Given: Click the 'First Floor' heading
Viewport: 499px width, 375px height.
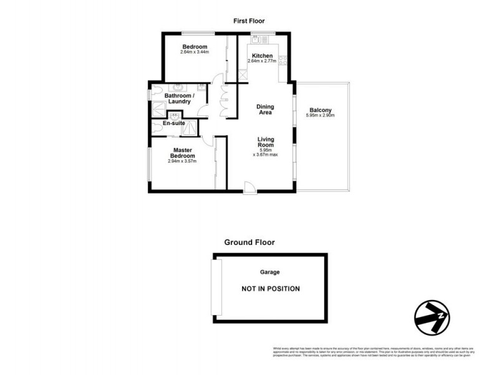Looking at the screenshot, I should click(x=249, y=21).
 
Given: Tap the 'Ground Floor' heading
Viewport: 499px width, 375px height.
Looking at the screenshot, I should click(x=249, y=242).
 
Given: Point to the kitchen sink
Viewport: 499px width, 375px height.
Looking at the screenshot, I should click(x=256, y=39).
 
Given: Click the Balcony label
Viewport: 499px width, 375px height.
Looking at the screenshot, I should click(x=321, y=109).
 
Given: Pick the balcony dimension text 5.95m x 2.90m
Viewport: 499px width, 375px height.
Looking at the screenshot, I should click(x=321, y=116).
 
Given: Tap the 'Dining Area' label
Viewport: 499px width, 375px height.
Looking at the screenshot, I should click(x=265, y=110).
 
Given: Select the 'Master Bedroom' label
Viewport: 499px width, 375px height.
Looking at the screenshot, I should click(x=183, y=153).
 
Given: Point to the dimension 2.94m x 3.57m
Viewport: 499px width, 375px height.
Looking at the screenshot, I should click(x=183, y=161).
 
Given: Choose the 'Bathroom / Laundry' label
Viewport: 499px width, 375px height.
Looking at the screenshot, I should click(x=180, y=99).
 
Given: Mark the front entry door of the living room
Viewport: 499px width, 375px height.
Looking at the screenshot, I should click(x=248, y=187).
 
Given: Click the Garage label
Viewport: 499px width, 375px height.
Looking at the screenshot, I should click(x=269, y=272).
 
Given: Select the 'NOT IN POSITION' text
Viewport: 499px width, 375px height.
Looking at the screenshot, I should click(x=271, y=289).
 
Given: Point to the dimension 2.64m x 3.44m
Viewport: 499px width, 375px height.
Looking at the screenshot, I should click(x=194, y=52).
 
